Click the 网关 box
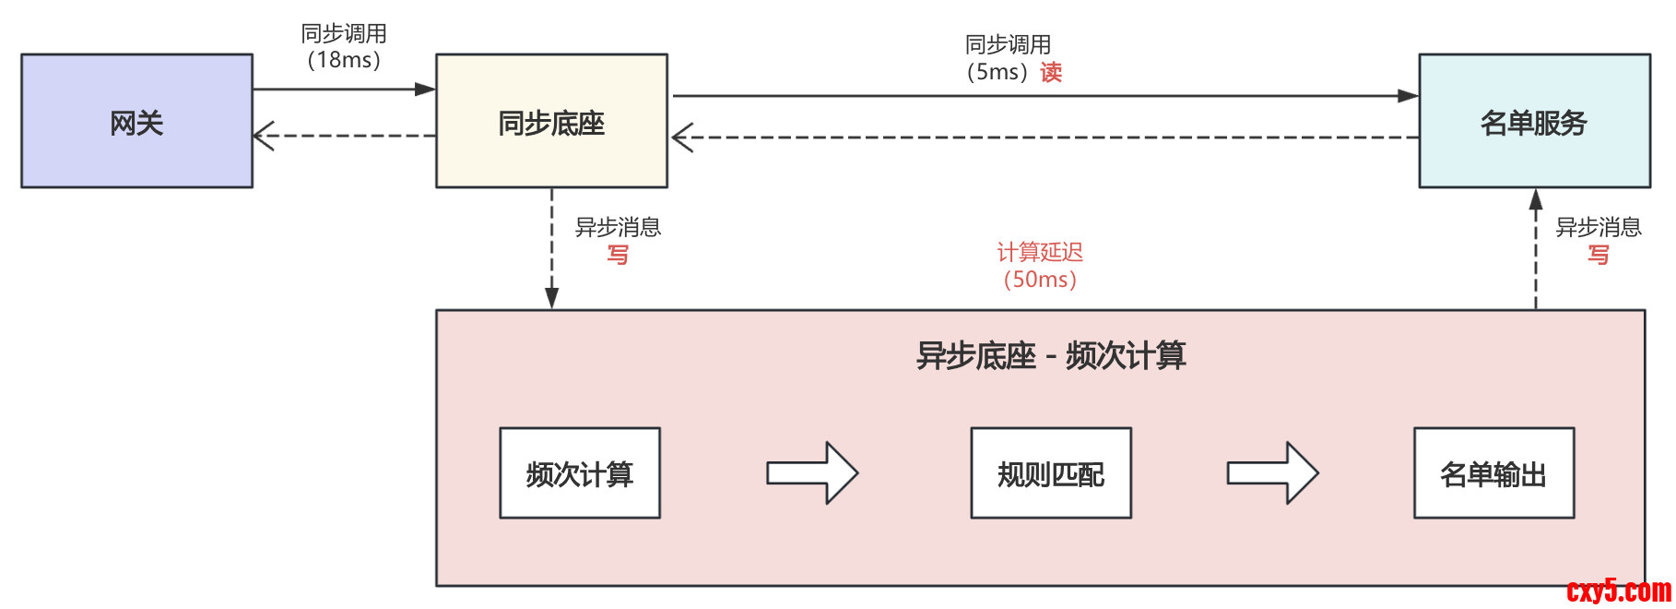pos(136,121)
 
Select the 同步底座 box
pos(551,121)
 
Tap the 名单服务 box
pos(1534,121)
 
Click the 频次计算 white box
pos(580,473)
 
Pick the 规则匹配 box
pos(1051,473)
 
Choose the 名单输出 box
pos(1493,473)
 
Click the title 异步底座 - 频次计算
pos(1051,355)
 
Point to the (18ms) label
pos(344,61)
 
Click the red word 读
pos(1052,72)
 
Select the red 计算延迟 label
pos(1040,252)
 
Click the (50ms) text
pos(1040,280)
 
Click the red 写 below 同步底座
pos(618,255)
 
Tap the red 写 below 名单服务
pos(1599,255)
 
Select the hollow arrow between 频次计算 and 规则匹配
pos(812,473)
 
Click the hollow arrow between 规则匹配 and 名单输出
pos(1272,473)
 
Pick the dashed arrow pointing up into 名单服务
pos(1536,249)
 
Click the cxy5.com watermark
pos(1619,591)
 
